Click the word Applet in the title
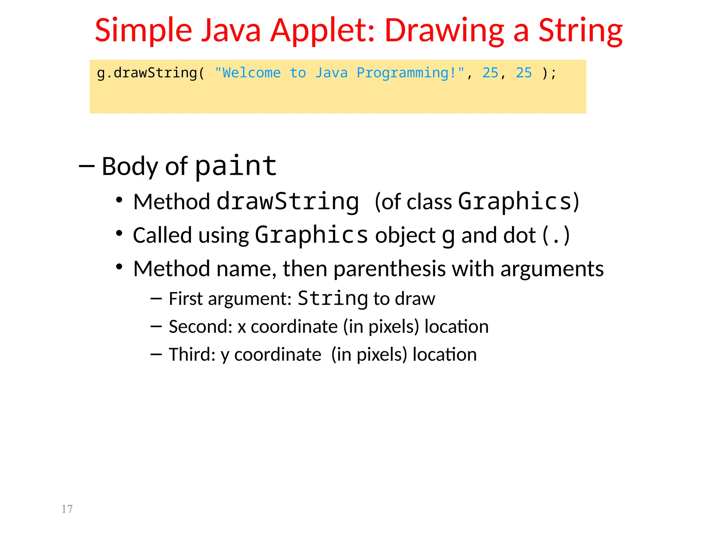(322, 31)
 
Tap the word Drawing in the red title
(444, 31)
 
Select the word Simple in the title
(143, 31)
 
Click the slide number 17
(67, 509)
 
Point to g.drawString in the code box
(147, 73)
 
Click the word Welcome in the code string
(251, 73)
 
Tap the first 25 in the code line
(490, 73)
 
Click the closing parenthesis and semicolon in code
(549, 73)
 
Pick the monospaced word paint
(236, 166)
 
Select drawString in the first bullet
(288, 202)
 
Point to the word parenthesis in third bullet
(390, 269)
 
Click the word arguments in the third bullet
(552, 269)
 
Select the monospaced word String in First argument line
(333, 298)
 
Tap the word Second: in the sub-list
(201, 326)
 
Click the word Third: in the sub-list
(192, 354)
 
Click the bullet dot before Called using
(119, 233)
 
